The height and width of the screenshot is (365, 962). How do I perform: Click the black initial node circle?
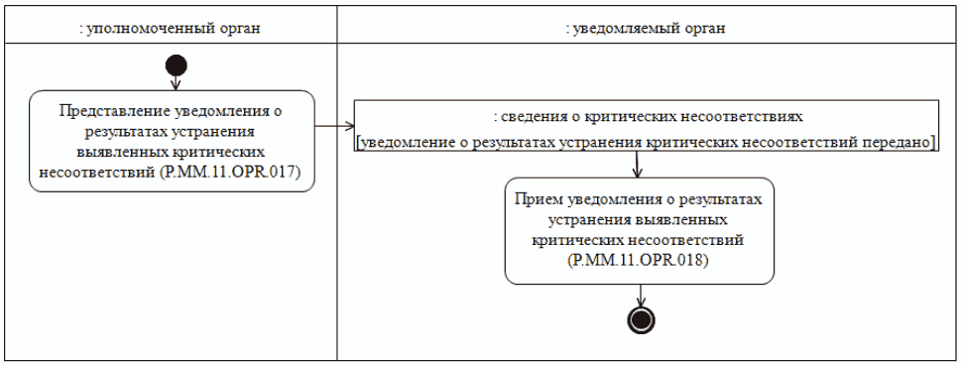click(177, 66)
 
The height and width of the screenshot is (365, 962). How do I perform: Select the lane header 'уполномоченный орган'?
click(170, 28)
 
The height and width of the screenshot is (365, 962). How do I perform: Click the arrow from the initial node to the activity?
click(177, 83)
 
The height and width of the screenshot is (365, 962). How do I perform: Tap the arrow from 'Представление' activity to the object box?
click(335, 126)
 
